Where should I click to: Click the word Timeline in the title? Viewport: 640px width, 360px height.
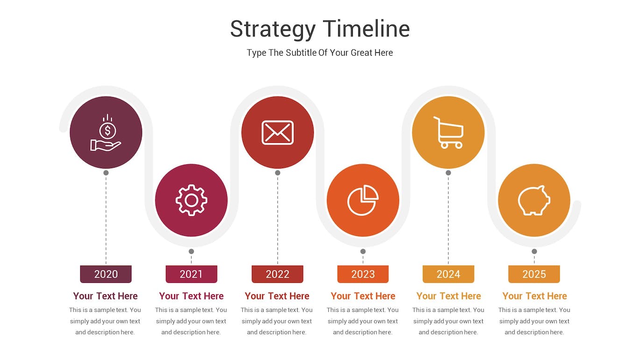(x=367, y=28)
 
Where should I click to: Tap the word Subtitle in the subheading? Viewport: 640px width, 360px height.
(x=301, y=53)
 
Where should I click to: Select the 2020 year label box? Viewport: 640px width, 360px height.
(x=106, y=274)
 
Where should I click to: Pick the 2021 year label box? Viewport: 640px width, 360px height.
(x=192, y=274)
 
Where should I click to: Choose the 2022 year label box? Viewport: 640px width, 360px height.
(x=277, y=274)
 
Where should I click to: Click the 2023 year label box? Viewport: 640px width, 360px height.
(x=363, y=274)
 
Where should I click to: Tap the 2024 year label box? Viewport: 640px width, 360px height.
(x=448, y=274)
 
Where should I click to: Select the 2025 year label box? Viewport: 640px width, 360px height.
(x=534, y=274)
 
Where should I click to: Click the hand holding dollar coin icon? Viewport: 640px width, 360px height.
(x=106, y=133)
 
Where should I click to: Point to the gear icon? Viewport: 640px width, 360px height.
(x=192, y=200)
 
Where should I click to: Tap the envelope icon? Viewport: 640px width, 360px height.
(x=277, y=133)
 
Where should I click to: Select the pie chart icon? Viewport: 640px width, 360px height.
(x=363, y=200)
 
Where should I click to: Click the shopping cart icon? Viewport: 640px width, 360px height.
(x=448, y=133)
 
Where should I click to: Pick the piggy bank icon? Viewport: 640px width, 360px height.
(x=534, y=200)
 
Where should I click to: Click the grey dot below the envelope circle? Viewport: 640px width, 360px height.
(x=277, y=173)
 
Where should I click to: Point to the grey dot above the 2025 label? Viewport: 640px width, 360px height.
(x=534, y=251)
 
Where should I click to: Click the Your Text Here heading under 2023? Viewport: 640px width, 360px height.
(x=363, y=296)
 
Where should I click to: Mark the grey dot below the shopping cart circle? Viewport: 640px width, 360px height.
(x=448, y=173)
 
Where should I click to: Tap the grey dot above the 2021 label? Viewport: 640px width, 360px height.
(x=192, y=251)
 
